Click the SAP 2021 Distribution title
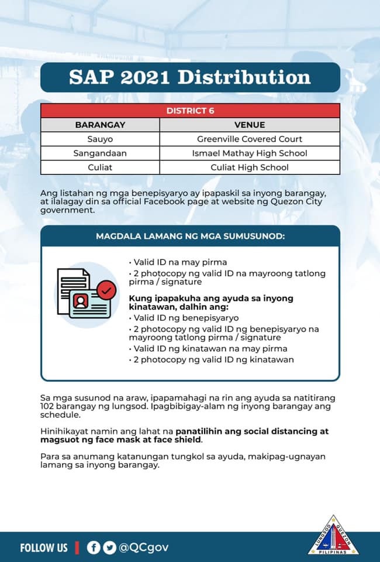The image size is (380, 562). [190, 77]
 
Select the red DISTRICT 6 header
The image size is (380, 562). [190, 111]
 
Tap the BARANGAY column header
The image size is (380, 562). [100, 125]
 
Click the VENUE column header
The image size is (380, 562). [250, 125]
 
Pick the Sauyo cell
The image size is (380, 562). [100, 139]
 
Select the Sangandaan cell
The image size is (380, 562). [100, 153]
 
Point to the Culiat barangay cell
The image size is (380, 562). [100, 167]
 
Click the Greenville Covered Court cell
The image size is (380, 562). [250, 139]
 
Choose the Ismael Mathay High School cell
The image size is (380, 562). [250, 153]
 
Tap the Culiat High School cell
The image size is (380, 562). [250, 167]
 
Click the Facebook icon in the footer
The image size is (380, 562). [93, 547]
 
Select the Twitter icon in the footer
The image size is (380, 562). [109, 547]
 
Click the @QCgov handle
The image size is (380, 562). [144, 547]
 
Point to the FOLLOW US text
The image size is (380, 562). [44, 548]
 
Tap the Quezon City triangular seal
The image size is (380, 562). [333, 536]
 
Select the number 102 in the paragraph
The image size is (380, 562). [49, 406]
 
